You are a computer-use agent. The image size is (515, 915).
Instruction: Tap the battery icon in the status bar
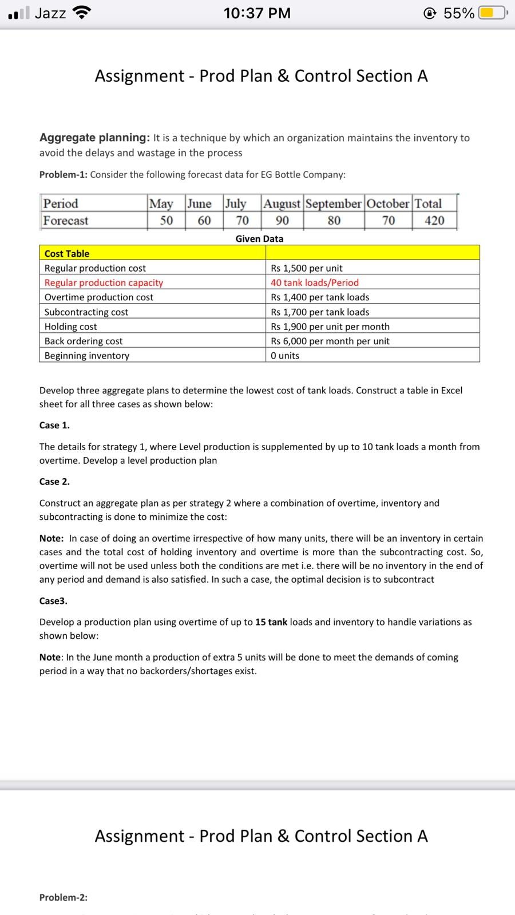point(492,13)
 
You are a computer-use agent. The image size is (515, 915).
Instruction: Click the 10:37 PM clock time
point(257,13)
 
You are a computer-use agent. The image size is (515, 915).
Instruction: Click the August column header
point(282,204)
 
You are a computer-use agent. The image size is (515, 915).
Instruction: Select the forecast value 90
point(282,221)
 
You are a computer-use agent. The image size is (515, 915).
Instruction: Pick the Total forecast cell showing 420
point(434,221)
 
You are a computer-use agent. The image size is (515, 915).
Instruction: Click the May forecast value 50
point(167,221)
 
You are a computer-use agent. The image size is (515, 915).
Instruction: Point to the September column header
point(334,204)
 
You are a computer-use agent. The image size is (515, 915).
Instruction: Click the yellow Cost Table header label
point(67,253)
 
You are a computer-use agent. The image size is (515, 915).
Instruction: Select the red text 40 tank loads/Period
point(315,283)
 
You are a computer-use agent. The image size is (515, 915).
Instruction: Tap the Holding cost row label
point(71,327)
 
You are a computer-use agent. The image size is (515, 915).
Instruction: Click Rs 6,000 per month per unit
point(330,341)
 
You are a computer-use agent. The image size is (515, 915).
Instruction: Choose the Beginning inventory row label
point(87,356)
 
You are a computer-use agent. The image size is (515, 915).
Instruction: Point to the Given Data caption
point(259,238)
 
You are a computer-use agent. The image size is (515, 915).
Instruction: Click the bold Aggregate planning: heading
point(94,137)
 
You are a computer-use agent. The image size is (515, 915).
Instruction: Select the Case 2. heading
point(54,482)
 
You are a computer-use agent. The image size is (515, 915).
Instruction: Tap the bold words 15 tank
point(271,622)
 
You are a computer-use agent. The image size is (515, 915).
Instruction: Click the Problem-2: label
point(64,897)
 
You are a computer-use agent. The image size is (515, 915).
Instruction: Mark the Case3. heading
point(53,600)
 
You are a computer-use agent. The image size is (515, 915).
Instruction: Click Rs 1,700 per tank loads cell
point(320,312)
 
